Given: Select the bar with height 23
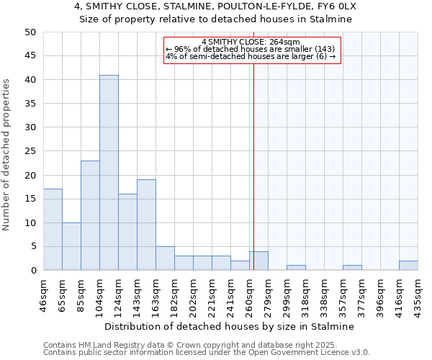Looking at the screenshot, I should (90, 215).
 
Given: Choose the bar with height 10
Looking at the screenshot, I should (71, 246).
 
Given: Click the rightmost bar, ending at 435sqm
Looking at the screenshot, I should (408, 266).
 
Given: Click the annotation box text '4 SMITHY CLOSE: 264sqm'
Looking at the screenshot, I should (250, 42).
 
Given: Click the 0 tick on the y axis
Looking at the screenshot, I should (33, 271).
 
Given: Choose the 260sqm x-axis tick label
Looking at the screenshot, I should (249, 294).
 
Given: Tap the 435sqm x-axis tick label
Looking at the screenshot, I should (418, 294).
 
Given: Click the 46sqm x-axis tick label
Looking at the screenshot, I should (43, 294).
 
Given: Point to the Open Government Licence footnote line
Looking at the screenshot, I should (207, 352).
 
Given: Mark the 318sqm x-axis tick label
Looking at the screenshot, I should (305, 294).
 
